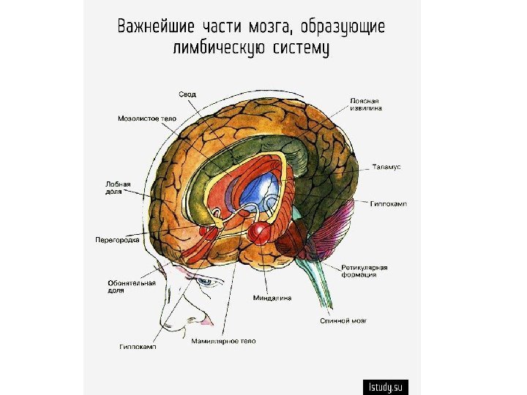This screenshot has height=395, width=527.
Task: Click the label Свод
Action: [x=188, y=94]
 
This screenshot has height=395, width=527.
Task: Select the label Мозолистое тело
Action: [x=146, y=117]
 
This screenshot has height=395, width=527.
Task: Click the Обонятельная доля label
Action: [x=126, y=287]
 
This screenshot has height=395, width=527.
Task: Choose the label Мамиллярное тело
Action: [x=223, y=341]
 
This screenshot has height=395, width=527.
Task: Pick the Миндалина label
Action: [x=272, y=298]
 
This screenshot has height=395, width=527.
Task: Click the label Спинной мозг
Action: [x=343, y=320]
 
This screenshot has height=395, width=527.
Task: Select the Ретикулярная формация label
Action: [x=364, y=271]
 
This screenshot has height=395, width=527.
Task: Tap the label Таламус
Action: [x=386, y=168]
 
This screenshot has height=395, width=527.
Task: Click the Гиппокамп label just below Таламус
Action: [x=389, y=204]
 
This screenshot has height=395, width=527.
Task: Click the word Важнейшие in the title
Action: [x=156, y=28]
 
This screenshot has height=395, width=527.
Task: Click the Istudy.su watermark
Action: [x=386, y=386]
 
